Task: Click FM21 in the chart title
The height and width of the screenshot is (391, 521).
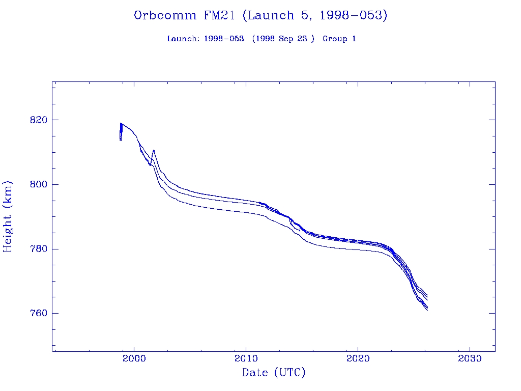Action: (220, 15)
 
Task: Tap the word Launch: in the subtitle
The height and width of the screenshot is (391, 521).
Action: (184, 39)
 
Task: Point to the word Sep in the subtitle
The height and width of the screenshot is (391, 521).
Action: (286, 39)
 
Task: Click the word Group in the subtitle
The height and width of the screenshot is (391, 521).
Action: (334, 39)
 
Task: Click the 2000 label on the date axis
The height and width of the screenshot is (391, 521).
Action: (134, 358)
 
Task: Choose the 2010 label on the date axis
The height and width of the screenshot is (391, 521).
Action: (246, 358)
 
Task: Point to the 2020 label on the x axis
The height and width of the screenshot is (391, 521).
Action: (358, 358)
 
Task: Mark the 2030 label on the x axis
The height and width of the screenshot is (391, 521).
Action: (470, 358)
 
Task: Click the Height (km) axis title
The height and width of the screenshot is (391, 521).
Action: (8, 216)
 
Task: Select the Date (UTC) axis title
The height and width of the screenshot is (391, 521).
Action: (274, 373)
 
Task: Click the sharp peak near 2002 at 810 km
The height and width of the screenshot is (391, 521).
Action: (154, 150)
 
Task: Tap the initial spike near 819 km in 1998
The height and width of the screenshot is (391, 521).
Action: (121, 123)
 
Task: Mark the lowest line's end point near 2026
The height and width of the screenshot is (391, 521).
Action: (427, 310)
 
